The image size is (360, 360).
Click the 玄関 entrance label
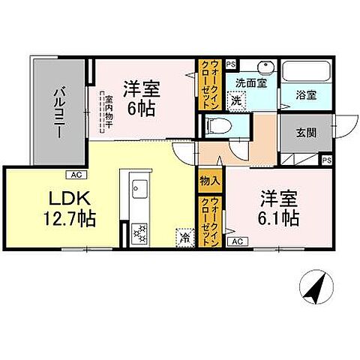pyautogui.click(x=305, y=133)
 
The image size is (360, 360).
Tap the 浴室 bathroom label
pyautogui.click(x=305, y=95)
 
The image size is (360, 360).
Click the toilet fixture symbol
pyautogui.click(x=216, y=126)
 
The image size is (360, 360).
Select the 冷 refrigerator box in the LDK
pyautogui.click(x=184, y=237)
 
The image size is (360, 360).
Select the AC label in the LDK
pyautogui.click(x=76, y=174)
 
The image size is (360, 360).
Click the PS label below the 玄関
pyautogui.click(x=326, y=160)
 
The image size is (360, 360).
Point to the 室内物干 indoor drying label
pyautogui.click(x=106, y=112)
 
